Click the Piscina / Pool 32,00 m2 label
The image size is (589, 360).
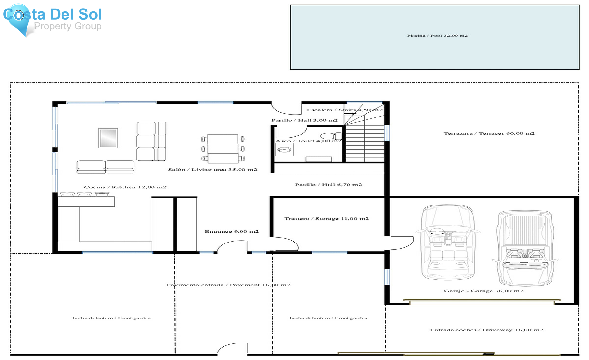pyautogui.click(x=437, y=36)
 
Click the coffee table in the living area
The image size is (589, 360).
pyautogui.click(x=108, y=138)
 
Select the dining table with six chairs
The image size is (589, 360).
pyautogui.click(x=223, y=149)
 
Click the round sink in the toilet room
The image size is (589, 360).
pyautogui.click(x=284, y=150)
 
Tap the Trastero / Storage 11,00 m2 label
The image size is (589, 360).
pyautogui.click(x=326, y=219)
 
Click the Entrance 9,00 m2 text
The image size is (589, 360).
pyautogui.click(x=232, y=231)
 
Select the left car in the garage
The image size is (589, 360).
pyautogui.click(x=448, y=242)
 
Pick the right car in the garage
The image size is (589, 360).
pyautogui.click(x=525, y=248)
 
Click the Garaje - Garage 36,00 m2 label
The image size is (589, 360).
pyautogui.click(x=483, y=291)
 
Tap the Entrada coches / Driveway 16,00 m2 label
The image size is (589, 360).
pyautogui.click(x=486, y=330)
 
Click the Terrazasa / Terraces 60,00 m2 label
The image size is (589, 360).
pyautogui.click(x=489, y=133)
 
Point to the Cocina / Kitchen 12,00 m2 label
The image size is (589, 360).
pyautogui.click(x=125, y=187)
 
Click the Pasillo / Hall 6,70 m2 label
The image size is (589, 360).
pyautogui.click(x=329, y=185)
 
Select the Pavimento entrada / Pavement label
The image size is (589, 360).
pyautogui.click(x=228, y=285)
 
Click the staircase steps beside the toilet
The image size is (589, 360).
pyautogui.click(x=365, y=144)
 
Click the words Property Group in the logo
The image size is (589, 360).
pyautogui.click(x=68, y=26)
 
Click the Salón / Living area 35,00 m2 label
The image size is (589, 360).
pyautogui.click(x=212, y=170)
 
